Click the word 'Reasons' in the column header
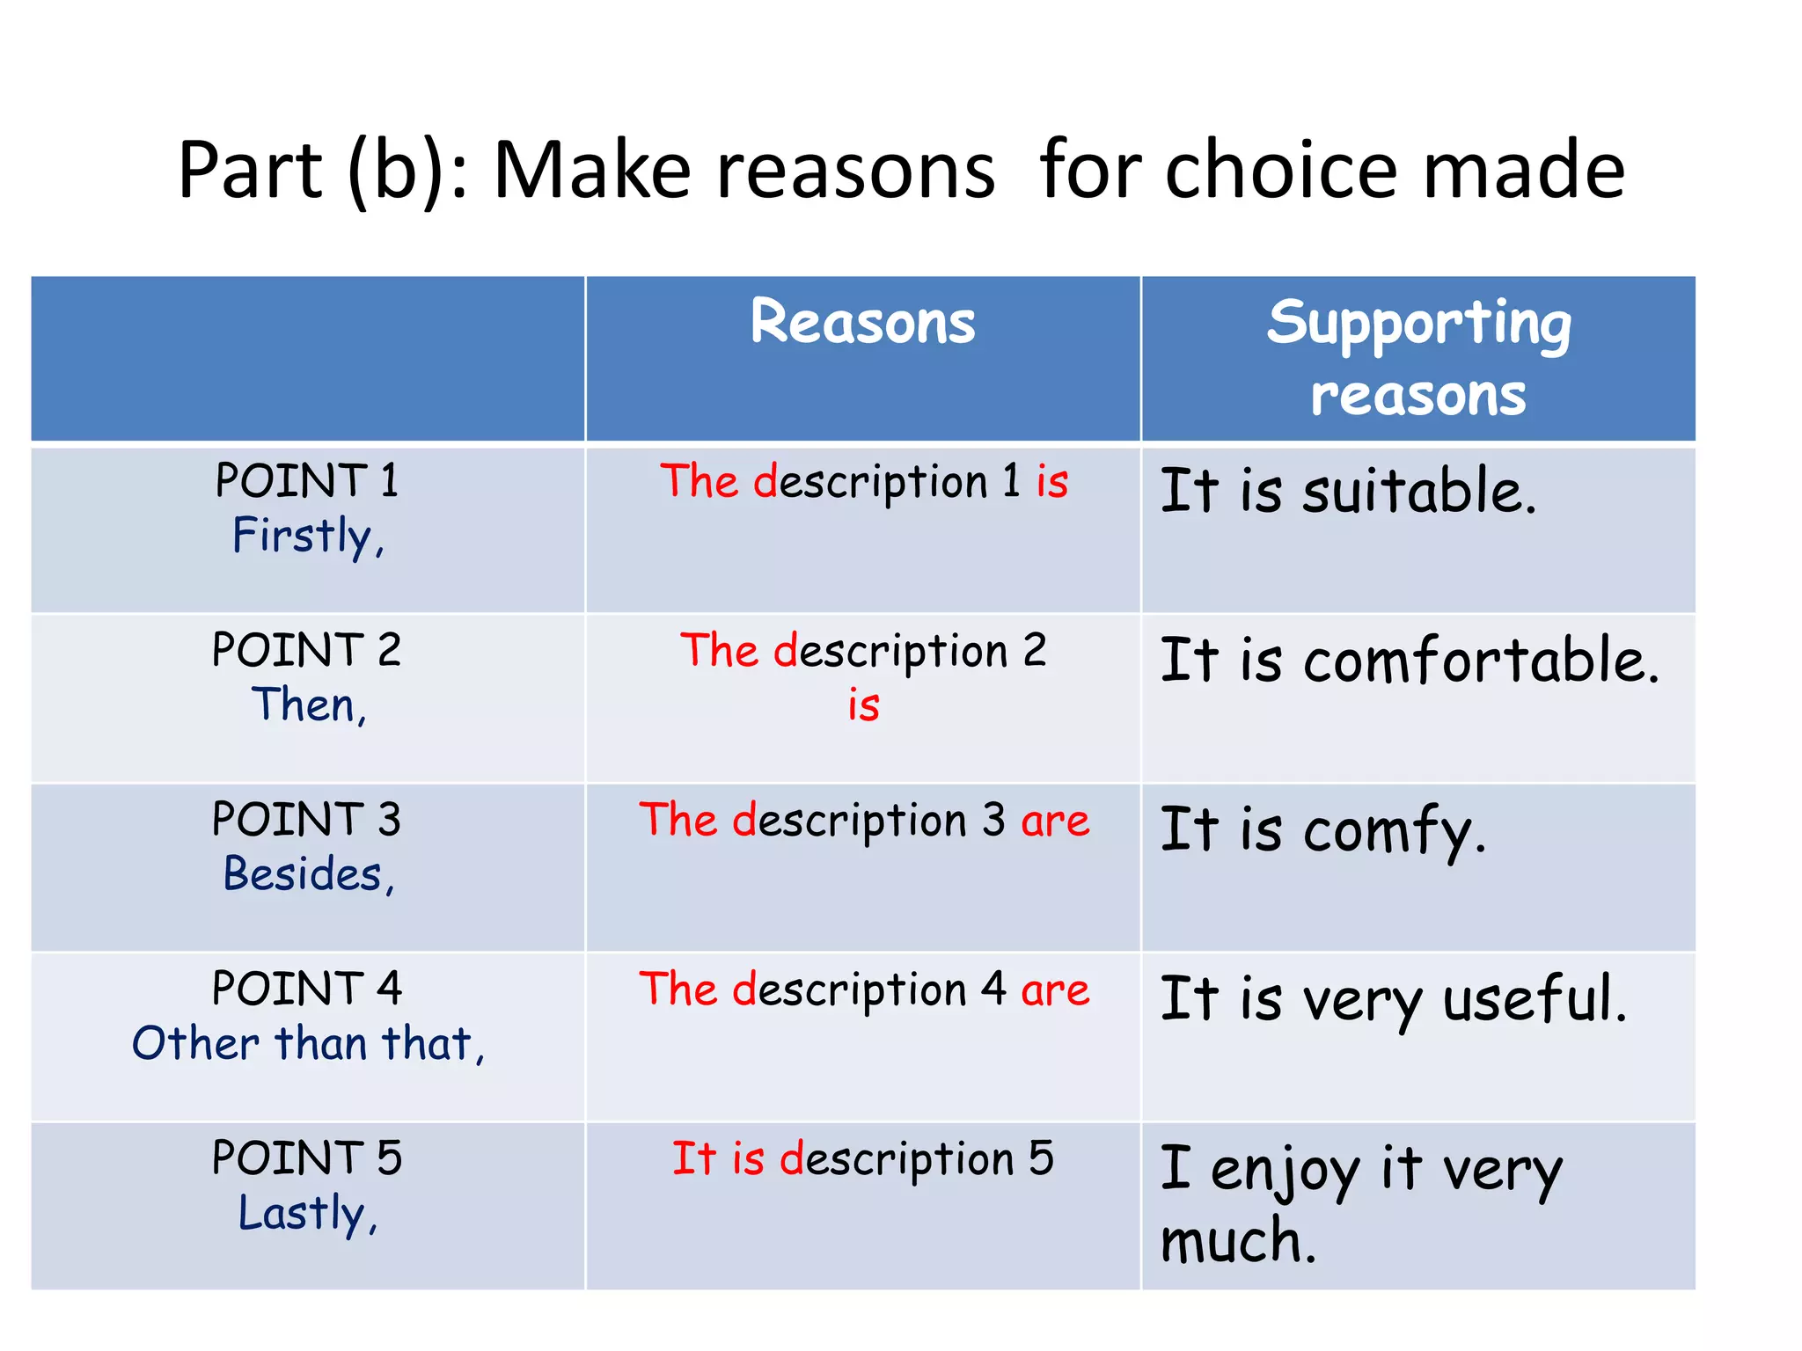click(862, 322)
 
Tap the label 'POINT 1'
click(306, 481)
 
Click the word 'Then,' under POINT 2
click(308, 705)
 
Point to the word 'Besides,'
click(308, 874)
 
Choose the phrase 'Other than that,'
click(308, 1044)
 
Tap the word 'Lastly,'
click(308, 1214)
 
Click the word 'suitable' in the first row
click(1418, 491)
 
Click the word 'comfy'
click(1394, 830)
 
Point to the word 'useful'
click(1535, 999)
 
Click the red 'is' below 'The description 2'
click(863, 705)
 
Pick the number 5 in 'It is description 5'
click(1041, 1158)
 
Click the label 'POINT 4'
click(306, 989)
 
